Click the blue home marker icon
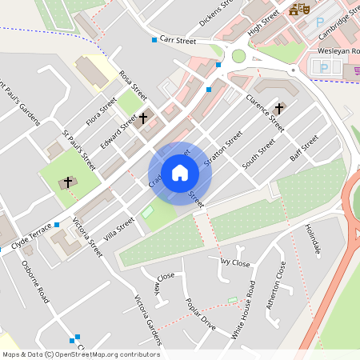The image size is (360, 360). point(180,173)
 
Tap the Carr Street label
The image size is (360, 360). point(178,40)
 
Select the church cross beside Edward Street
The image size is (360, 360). point(143,118)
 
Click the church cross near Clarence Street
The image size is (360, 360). point(279,108)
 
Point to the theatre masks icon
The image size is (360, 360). point(299,9)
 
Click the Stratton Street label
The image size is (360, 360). point(222,149)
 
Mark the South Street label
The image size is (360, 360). point(258,154)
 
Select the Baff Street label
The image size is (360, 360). point(304,148)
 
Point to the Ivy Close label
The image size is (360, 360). point(235,262)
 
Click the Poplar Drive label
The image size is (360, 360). point(200,314)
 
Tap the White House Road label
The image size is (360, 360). point(243,310)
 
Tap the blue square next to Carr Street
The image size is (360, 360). point(154,40)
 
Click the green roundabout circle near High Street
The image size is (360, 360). point(238,56)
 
